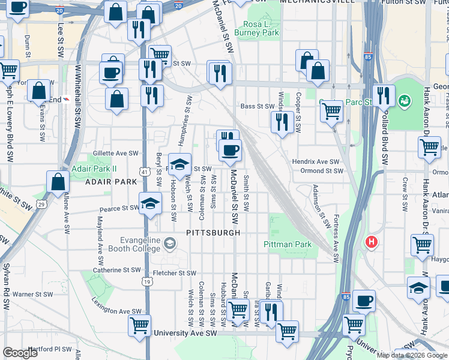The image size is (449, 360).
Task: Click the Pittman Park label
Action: pos(288,244)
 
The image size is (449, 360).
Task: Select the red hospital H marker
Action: pos(372,242)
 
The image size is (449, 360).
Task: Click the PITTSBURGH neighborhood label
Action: pos(213,232)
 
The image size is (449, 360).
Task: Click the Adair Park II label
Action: pos(94,169)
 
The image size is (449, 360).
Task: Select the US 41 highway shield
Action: pos(145,172)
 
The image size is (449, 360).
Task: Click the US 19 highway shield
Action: pos(147,280)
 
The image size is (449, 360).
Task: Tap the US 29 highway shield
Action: pos(41,205)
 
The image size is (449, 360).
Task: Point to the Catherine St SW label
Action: pos(115,270)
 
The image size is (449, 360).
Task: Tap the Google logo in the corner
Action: pos(21,353)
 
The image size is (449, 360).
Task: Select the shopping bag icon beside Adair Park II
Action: pos(58,182)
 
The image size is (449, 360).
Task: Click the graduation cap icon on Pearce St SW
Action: pos(150,202)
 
